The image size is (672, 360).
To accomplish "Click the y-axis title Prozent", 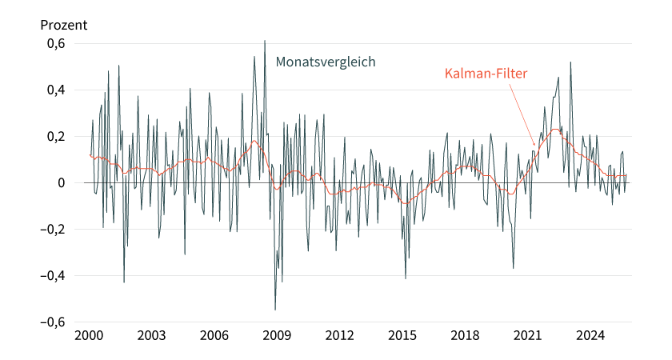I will (64, 25).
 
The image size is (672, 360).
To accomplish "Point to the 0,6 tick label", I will (54, 44).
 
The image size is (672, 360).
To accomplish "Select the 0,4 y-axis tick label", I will (54, 90).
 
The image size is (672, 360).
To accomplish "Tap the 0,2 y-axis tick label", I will (54, 137).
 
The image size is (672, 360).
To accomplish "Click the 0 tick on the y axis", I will (60, 183).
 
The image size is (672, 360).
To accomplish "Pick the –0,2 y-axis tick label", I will (50, 230).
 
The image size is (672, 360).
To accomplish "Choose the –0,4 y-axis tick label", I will (50, 276).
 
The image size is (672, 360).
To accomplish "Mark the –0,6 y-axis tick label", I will (50, 322).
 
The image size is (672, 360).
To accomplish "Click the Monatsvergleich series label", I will (326, 62).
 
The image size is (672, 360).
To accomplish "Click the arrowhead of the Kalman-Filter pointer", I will (536, 145).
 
